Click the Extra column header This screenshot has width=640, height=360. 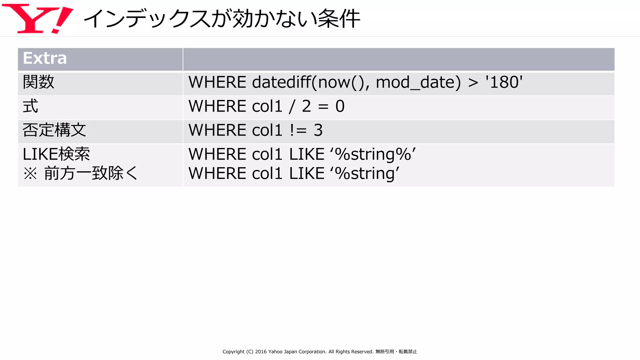tap(45, 58)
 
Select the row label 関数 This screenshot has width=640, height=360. tap(38, 82)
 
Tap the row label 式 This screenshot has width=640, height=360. tap(30, 106)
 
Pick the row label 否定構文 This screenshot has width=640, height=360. tap(54, 130)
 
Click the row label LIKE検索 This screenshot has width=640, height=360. tap(56, 154)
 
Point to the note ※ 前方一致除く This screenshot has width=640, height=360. tap(80, 173)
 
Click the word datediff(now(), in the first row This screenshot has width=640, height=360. tap(311, 82)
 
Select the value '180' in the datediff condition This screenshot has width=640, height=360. tap(504, 82)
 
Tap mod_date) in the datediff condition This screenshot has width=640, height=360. tap(418, 82)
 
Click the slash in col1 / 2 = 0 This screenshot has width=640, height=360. tap(292, 107)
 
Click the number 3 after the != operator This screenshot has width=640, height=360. tap(318, 130)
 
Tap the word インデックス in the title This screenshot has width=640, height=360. tap(147, 19)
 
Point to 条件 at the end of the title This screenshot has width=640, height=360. tap(339, 19)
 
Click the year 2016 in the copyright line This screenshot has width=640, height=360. tap(261, 352)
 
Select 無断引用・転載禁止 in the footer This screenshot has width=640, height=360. tap(396, 352)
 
